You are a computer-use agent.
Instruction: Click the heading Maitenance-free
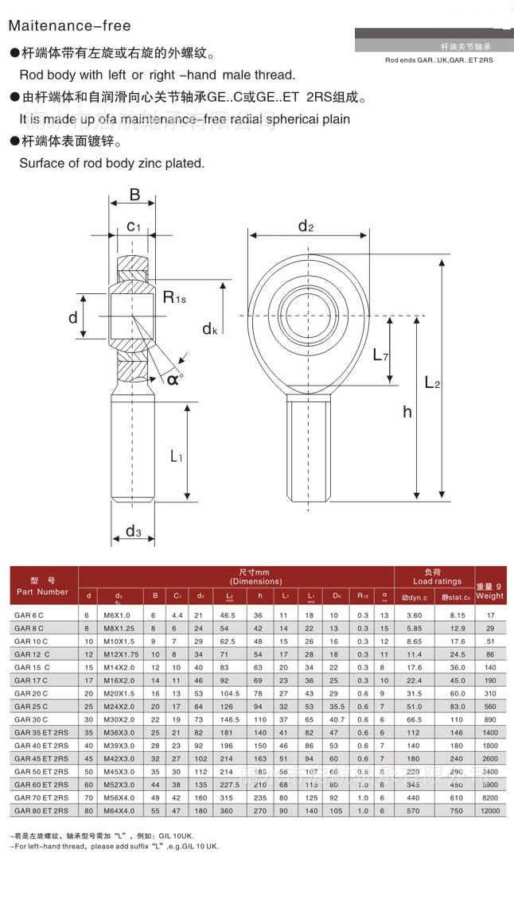[x=70, y=26]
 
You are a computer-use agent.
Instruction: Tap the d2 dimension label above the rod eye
[x=306, y=227]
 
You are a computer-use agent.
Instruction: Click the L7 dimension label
[x=380, y=355]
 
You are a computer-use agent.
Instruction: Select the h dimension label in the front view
[x=407, y=411]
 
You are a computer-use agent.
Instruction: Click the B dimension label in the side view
[x=134, y=195]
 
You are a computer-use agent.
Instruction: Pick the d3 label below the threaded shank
[x=133, y=532]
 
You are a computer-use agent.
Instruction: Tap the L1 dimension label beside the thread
[x=177, y=456]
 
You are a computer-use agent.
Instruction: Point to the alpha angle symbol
[x=173, y=380]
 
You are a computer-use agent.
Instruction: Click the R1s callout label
[x=174, y=297]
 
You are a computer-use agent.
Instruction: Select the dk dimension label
[x=209, y=328]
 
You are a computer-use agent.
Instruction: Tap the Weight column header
[x=490, y=595]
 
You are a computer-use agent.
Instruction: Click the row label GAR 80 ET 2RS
[x=41, y=810]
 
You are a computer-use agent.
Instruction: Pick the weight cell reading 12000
[x=490, y=810]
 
